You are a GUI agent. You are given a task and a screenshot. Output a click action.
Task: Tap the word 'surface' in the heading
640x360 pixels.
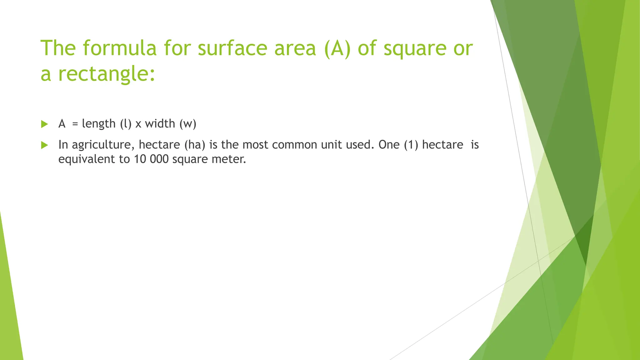click(x=232, y=49)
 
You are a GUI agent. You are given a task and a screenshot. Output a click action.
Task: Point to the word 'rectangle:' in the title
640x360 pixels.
click(x=107, y=74)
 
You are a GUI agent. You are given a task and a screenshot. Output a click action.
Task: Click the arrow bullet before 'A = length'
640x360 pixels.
click(x=44, y=124)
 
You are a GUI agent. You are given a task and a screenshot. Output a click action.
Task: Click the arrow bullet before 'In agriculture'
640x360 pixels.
click(x=44, y=145)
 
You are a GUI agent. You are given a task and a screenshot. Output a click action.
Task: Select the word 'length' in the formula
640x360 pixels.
click(x=99, y=124)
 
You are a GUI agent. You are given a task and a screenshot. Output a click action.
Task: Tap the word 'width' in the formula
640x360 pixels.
click(x=160, y=124)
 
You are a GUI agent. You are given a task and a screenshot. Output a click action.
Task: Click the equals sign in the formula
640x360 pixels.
click(x=75, y=124)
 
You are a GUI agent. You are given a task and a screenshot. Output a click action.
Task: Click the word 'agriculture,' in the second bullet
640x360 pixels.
click(x=103, y=145)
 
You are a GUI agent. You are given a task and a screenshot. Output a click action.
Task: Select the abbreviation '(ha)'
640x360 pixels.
click(x=195, y=145)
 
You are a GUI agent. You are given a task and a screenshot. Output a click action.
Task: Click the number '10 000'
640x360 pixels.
click(x=151, y=159)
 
